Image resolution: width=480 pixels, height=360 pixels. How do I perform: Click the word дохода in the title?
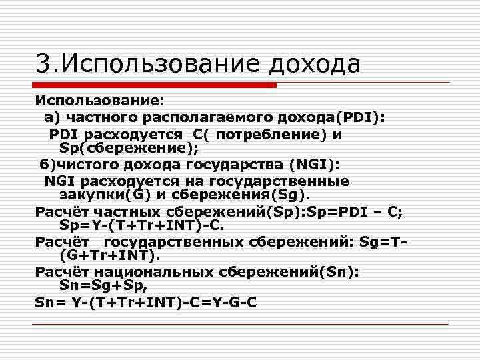click(x=315, y=65)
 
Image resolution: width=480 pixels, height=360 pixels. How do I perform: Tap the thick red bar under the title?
click(x=155, y=85)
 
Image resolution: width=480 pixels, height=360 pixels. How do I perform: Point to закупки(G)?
click(x=101, y=195)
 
